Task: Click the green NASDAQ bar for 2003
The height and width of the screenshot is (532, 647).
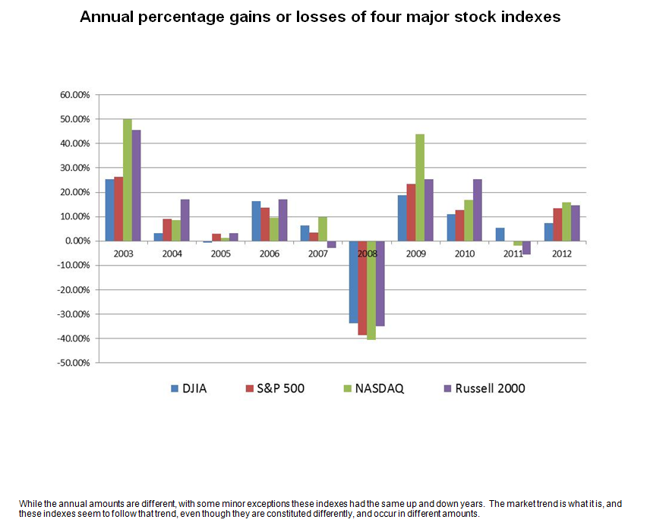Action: pos(127,180)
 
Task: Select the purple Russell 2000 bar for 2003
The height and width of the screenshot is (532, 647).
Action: pos(136,185)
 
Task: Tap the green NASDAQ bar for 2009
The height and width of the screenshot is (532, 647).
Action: pos(419,187)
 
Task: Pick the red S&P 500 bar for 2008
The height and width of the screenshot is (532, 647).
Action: pos(362,288)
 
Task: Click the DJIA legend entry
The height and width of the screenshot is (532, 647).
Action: pos(190,389)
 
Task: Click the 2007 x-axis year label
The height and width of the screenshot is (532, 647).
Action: pos(318,253)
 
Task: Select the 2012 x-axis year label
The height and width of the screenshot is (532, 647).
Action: pos(561,253)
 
